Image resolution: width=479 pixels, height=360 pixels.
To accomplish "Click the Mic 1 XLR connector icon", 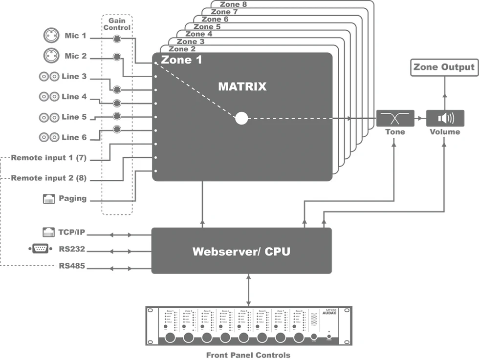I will [50, 36].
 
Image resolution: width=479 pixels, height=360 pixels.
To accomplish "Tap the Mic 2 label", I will [75, 56].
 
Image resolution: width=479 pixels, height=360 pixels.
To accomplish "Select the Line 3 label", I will [74, 77].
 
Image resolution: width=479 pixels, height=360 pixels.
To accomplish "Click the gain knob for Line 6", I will [116, 129].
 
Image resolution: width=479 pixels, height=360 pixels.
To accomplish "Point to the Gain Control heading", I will [117, 24].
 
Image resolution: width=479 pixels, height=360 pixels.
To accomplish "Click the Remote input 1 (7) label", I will [48, 158].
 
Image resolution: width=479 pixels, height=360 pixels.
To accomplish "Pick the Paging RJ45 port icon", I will [49, 198].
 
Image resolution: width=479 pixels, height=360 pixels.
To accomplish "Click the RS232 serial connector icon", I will [40, 249].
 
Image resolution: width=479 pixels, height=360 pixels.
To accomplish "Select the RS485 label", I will [72, 267].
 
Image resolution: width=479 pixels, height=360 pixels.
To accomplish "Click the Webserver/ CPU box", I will [241, 251].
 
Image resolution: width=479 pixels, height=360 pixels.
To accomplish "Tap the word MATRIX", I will [242, 87].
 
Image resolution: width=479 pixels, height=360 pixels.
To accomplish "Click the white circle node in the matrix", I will [241, 118].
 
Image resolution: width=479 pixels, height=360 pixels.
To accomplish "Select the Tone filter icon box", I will [395, 118].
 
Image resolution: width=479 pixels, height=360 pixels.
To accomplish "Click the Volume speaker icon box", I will [445, 118].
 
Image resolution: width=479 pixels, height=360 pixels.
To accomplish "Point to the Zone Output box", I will [444, 67].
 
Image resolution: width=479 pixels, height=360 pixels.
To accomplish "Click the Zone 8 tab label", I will [233, 4].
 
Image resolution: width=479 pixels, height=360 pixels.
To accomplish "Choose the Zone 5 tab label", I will [207, 27].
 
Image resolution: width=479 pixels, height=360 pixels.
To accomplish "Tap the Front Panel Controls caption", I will [248, 355].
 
